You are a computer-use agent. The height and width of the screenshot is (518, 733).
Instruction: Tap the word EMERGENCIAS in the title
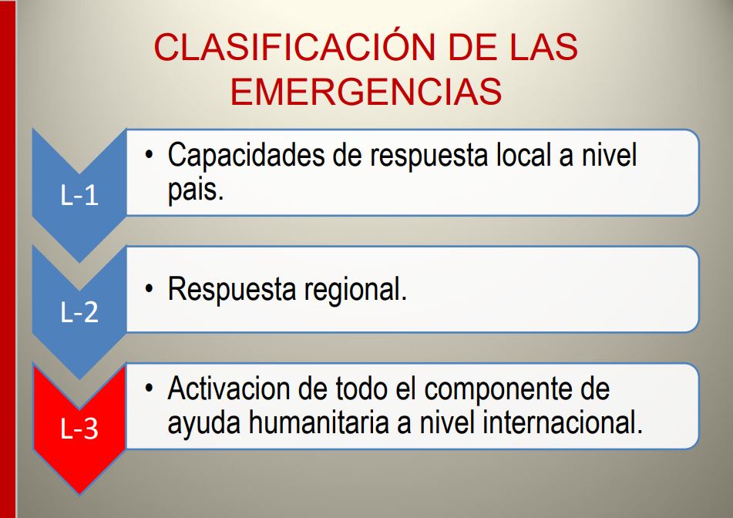(x=366, y=91)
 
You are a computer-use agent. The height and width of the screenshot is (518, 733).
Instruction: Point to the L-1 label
(x=79, y=195)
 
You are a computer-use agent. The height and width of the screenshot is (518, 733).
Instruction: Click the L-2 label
(x=79, y=312)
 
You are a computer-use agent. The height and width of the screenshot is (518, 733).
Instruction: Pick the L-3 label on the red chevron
(x=79, y=429)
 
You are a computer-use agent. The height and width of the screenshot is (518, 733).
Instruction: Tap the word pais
(x=196, y=190)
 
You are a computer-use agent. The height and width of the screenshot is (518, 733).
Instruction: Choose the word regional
(x=355, y=291)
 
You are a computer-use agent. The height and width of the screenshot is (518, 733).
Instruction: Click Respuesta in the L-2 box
(x=232, y=291)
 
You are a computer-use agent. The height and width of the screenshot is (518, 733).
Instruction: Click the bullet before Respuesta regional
(x=149, y=289)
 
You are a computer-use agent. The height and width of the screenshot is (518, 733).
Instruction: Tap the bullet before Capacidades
(x=149, y=154)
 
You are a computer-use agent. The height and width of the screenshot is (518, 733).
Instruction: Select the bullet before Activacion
(x=149, y=388)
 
